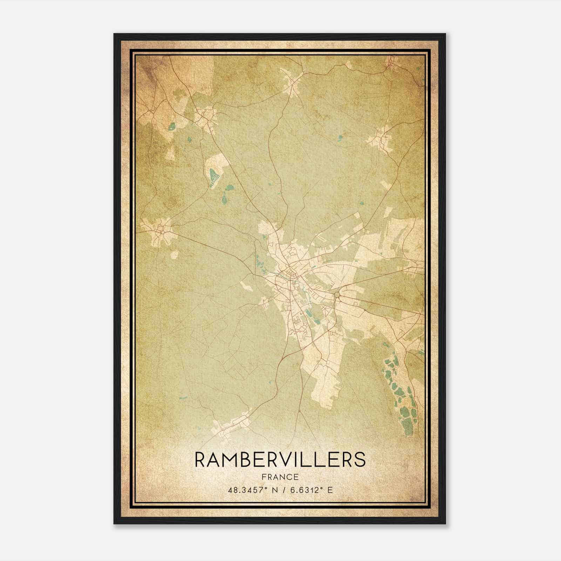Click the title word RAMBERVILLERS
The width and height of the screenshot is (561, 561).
280,459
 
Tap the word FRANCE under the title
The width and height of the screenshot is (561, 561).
280,477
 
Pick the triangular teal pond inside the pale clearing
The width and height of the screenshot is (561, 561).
213,174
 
